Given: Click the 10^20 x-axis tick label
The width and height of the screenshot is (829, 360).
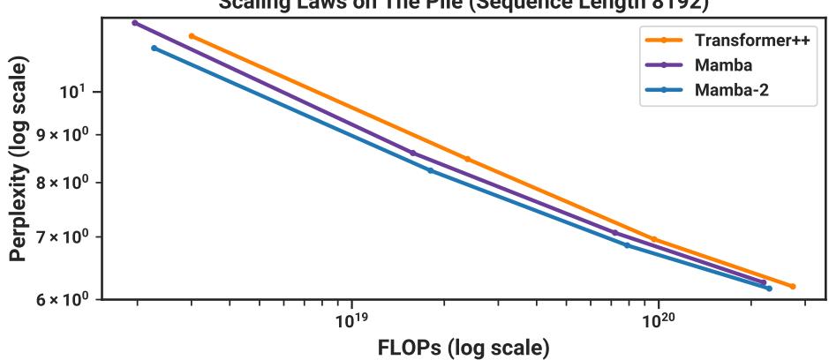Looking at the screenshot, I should [659, 317].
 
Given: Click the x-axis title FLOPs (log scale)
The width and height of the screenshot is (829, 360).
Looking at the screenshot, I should [463, 344].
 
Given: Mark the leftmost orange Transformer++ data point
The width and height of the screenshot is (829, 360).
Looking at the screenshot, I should [192, 36].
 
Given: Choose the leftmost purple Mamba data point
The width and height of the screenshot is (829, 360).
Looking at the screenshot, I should [134, 23].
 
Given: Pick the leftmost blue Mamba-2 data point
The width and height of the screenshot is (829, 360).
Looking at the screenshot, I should [154, 48].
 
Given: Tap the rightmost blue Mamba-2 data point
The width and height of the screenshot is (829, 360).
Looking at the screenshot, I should [769, 289].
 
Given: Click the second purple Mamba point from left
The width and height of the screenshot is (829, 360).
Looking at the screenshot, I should [412, 153].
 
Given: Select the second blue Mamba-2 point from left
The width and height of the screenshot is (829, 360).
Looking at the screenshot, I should [430, 170].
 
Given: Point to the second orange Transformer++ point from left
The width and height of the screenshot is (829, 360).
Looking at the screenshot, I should [467, 159].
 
